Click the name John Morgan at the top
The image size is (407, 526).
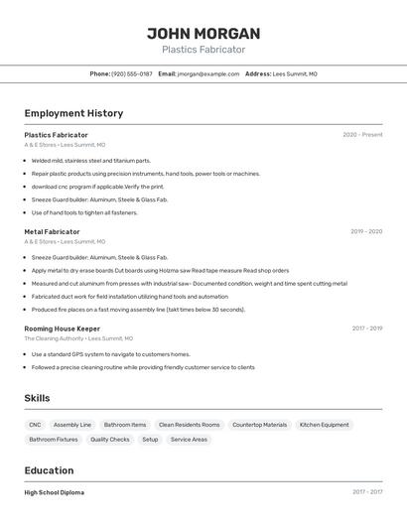pos(203,33)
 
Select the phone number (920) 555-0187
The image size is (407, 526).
pos(131,73)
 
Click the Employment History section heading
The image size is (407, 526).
pos(73,113)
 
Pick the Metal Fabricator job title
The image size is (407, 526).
pos(52,231)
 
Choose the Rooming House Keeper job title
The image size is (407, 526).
pos(63,328)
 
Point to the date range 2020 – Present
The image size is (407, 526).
pos(362,135)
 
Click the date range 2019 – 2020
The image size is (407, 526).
pos(366,231)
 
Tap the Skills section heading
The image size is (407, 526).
pos(38,398)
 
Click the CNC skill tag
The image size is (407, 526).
pos(35,425)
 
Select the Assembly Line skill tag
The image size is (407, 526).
pos(72,425)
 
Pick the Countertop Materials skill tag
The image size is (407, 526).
pos(259,425)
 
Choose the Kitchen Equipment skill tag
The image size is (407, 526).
pos(325,425)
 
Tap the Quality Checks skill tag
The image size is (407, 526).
pos(109,439)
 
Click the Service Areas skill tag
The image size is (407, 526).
pos(189,439)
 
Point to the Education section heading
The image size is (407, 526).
pos(49,470)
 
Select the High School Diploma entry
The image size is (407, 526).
pos(55,492)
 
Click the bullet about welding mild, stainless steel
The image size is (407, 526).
pos(90,160)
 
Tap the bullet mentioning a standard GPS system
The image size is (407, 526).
pos(110,354)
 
